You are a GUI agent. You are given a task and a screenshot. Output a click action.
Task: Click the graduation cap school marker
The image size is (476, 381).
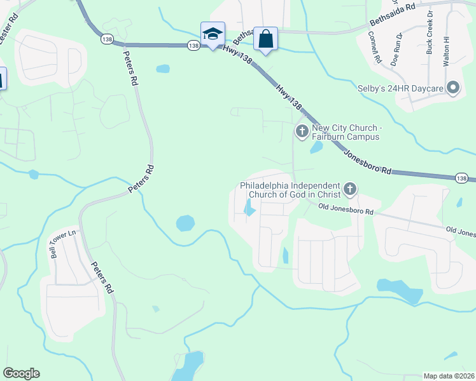point(213,34)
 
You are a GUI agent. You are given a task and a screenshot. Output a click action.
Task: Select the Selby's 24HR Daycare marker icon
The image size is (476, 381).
point(453,88)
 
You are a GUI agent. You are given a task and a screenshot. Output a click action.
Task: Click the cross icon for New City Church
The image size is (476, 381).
point(301,131)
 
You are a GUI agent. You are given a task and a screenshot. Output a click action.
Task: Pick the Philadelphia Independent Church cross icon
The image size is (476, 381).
point(349,189)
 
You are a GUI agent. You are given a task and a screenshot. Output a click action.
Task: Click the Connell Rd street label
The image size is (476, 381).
point(374,48)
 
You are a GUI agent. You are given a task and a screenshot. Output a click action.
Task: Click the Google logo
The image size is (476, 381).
point(21,373)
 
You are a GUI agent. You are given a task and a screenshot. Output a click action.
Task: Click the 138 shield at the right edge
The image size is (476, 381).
point(463,178)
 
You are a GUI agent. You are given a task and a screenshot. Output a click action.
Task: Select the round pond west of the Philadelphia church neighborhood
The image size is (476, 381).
point(185,223)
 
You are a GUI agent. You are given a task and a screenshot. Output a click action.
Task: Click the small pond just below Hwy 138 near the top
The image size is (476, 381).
point(163,69)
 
